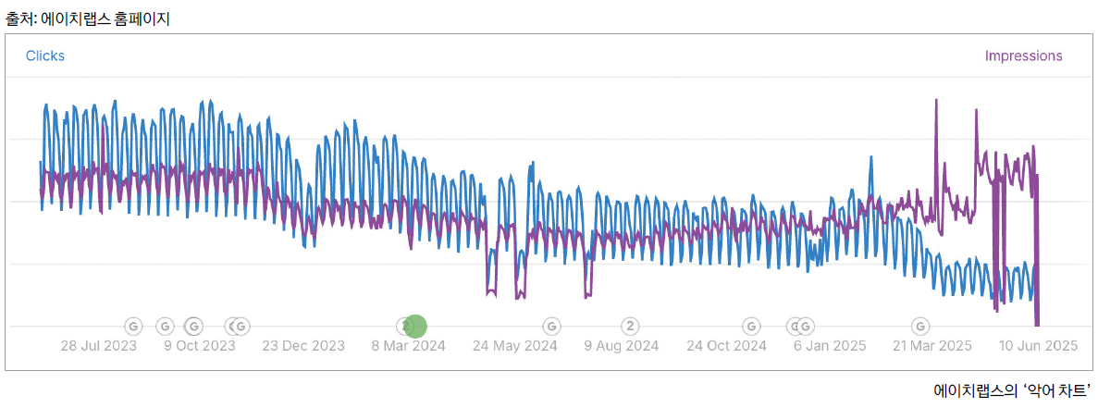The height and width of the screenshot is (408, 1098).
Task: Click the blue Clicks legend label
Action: [45, 56]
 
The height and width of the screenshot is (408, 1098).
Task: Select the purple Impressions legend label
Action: [1023, 56]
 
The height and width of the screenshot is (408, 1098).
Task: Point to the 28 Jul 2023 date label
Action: [99, 346]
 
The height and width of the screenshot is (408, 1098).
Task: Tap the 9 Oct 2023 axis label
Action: [200, 346]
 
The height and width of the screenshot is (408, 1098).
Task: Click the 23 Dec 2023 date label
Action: [303, 346]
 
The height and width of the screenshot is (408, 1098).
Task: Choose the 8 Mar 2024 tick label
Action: [409, 346]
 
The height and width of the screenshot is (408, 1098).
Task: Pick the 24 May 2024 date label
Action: [515, 346]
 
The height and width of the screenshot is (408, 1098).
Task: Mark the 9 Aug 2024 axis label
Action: [622, 346]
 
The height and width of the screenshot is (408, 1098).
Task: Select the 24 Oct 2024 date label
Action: [726, 346]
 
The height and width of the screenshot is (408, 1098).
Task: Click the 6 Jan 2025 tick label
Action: [830, 346]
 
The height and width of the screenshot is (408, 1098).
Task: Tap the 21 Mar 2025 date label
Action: [932, 346]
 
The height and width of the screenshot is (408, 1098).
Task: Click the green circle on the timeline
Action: [416, 326]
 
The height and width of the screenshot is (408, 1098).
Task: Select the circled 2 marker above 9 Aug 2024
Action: [630, 326]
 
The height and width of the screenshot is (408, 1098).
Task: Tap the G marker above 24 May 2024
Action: [551, 326]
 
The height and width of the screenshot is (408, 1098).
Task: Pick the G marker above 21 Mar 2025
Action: [920, 326]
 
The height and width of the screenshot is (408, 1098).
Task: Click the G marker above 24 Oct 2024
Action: [751, 326]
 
